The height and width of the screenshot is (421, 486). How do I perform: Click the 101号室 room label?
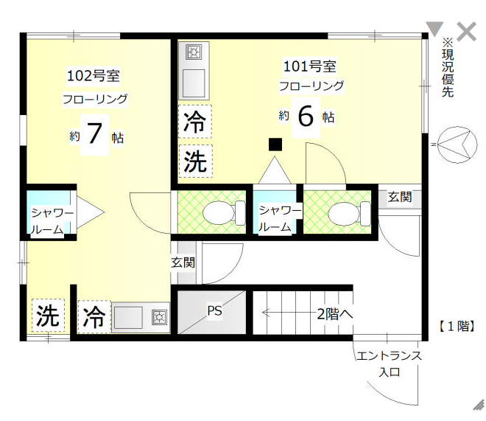309,66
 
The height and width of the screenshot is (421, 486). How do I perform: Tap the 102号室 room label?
94,76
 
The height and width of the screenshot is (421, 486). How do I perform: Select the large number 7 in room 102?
94,134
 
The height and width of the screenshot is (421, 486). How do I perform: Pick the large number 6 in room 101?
306,116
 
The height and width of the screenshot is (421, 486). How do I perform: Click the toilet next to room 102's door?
223,213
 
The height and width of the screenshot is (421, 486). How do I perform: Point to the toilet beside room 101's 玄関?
349,213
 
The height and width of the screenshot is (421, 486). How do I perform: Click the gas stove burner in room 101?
194,52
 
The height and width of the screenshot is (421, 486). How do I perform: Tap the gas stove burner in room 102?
159,317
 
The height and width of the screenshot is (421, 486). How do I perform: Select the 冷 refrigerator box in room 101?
195,122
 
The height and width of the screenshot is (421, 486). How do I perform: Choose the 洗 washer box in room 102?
48,316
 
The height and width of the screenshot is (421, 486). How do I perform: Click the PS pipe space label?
214,310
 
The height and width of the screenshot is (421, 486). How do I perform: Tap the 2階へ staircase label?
335,314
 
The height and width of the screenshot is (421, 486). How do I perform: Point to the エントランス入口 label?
389,363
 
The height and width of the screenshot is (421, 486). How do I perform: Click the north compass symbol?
457,145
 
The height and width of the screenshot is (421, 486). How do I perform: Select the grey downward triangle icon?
434,29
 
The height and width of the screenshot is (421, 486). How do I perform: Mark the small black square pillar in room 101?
275,145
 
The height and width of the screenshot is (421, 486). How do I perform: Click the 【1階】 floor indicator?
457,327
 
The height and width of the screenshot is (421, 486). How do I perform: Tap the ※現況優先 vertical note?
448,68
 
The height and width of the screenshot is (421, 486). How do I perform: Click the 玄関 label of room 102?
183,262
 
